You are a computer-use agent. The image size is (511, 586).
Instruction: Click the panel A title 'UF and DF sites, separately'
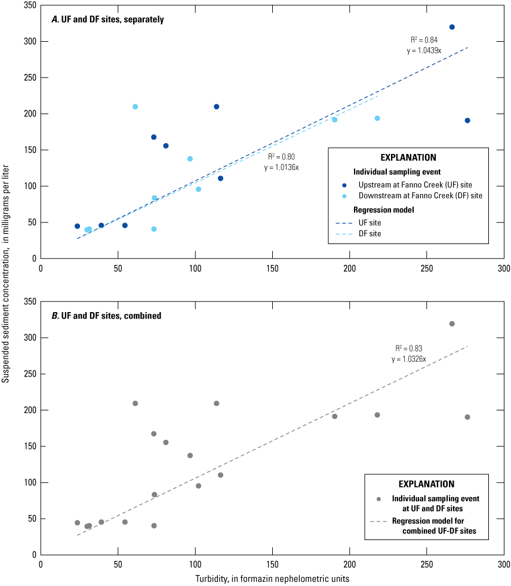[x=107, y=19]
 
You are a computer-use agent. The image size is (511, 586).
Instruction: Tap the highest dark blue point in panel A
[x=452, y=27]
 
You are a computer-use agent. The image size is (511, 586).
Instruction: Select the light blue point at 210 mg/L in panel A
[x=135, y=107]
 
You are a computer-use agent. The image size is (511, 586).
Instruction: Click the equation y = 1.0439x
[x=424, y=51]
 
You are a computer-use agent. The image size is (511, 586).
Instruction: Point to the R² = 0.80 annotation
[x=281, y=156]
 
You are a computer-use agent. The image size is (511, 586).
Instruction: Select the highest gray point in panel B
[x=452, y=323]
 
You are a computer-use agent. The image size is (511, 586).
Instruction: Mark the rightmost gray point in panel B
[x=467, y=417]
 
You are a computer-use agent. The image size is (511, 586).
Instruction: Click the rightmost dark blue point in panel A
[x=467, y=121]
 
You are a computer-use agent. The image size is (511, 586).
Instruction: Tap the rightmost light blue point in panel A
[x=377, y=118]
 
